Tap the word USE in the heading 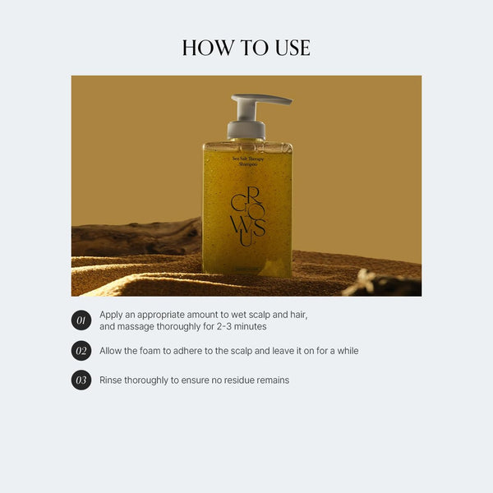[289, 48]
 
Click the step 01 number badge [81, 320]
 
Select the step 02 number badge [81, 351]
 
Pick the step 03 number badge [81, 380]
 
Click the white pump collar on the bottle [246, 129]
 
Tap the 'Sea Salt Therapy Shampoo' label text [247, 161]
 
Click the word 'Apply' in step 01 [112, 315]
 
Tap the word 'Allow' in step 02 [113, 351]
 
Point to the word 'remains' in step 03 [272, 380]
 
